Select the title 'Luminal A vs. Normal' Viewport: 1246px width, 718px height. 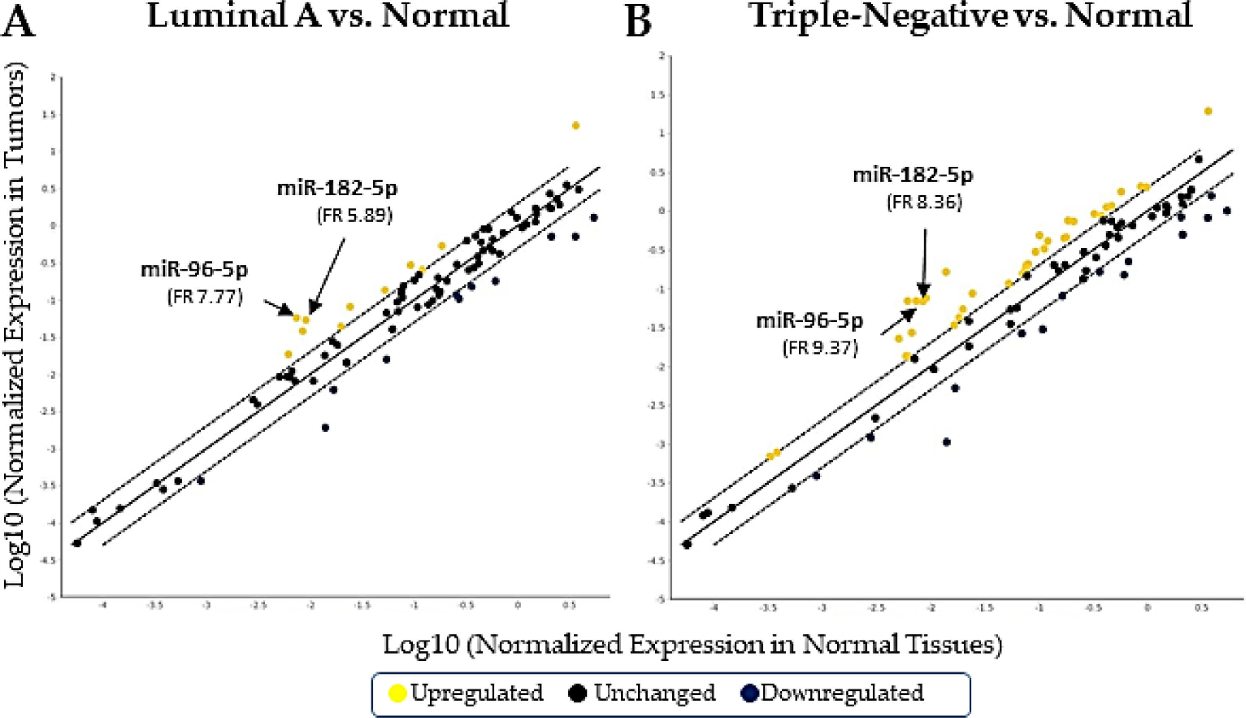point(328,16)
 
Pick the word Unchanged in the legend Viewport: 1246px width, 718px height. point(654,693)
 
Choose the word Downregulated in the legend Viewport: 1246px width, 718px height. point(842,693)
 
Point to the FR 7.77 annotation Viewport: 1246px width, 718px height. point(205,297)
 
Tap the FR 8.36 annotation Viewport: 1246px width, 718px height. point(925,203)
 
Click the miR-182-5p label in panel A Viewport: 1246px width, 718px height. point(337,189)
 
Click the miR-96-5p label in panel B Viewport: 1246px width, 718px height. point(810,321)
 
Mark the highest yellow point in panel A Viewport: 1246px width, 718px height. point(575,126)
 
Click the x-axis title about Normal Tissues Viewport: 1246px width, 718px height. point(692,645)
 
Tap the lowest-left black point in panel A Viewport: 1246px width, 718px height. point(77,543)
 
